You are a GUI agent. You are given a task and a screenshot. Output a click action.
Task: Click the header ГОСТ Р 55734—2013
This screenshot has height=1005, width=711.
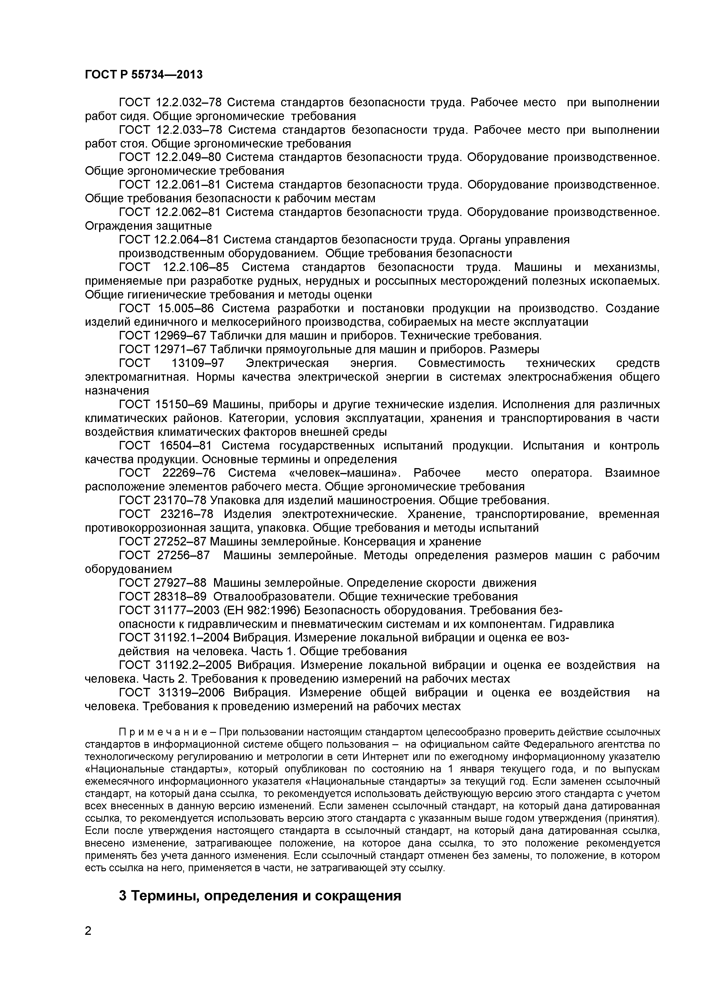pyautogui.click(x=144, y=75)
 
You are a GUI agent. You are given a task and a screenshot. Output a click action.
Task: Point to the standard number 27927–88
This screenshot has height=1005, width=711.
pyautogui.click(x=181, y=583)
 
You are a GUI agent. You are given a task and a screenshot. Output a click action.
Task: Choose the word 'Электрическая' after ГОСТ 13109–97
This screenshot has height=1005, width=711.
pyautogui.click(x=287, y=363)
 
